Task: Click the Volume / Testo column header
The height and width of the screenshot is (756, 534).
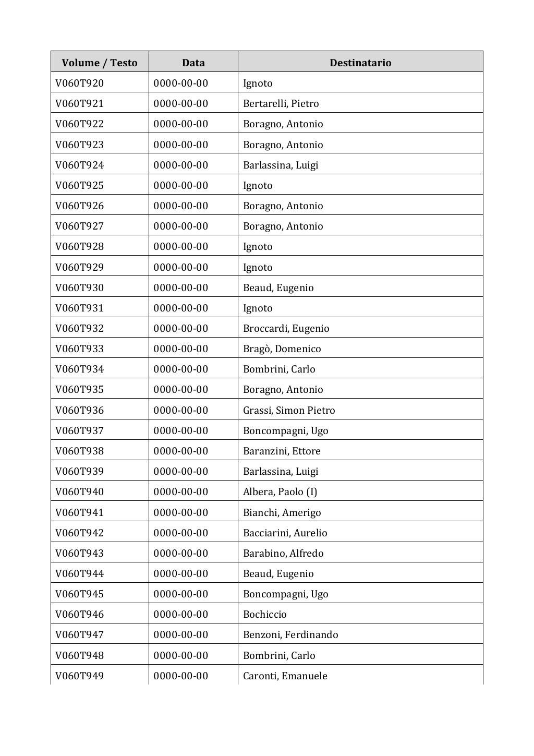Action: tap(100, 63)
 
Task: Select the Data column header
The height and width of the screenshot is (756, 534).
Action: tap(193, 63)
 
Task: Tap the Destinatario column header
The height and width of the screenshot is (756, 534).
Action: tap(360, 63)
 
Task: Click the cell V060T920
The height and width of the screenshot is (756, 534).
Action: tap(80, 83)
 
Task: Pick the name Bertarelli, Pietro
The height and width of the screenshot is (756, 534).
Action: tap(281, 103)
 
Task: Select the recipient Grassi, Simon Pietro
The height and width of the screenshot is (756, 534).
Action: tap(289, 410)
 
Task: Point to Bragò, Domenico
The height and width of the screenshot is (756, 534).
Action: tap(282, 349)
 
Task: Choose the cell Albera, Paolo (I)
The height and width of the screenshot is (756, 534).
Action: tap(280, 491)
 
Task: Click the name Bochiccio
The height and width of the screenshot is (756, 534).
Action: tap(265, 614)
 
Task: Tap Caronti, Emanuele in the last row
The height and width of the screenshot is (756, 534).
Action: tap(285, 676)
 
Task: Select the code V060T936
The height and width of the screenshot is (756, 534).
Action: tap(80, 410)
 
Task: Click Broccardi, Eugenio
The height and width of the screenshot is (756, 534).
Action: tap(286, 328)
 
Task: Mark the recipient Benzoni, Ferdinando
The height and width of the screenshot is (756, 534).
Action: tap(290, 634)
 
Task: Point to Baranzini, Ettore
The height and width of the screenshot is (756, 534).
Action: tap(282, 451)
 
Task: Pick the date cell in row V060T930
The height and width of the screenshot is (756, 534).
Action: tap(181, 287)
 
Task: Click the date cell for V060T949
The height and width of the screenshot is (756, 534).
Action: tap(181, 676)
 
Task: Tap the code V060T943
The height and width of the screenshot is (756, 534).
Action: tap(80, 553)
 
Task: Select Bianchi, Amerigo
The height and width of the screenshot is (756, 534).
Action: tap(282, 512)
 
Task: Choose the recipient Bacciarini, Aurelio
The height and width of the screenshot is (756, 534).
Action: tap(285, 533)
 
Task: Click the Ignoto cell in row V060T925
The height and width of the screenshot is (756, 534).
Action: tap(258, 185)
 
